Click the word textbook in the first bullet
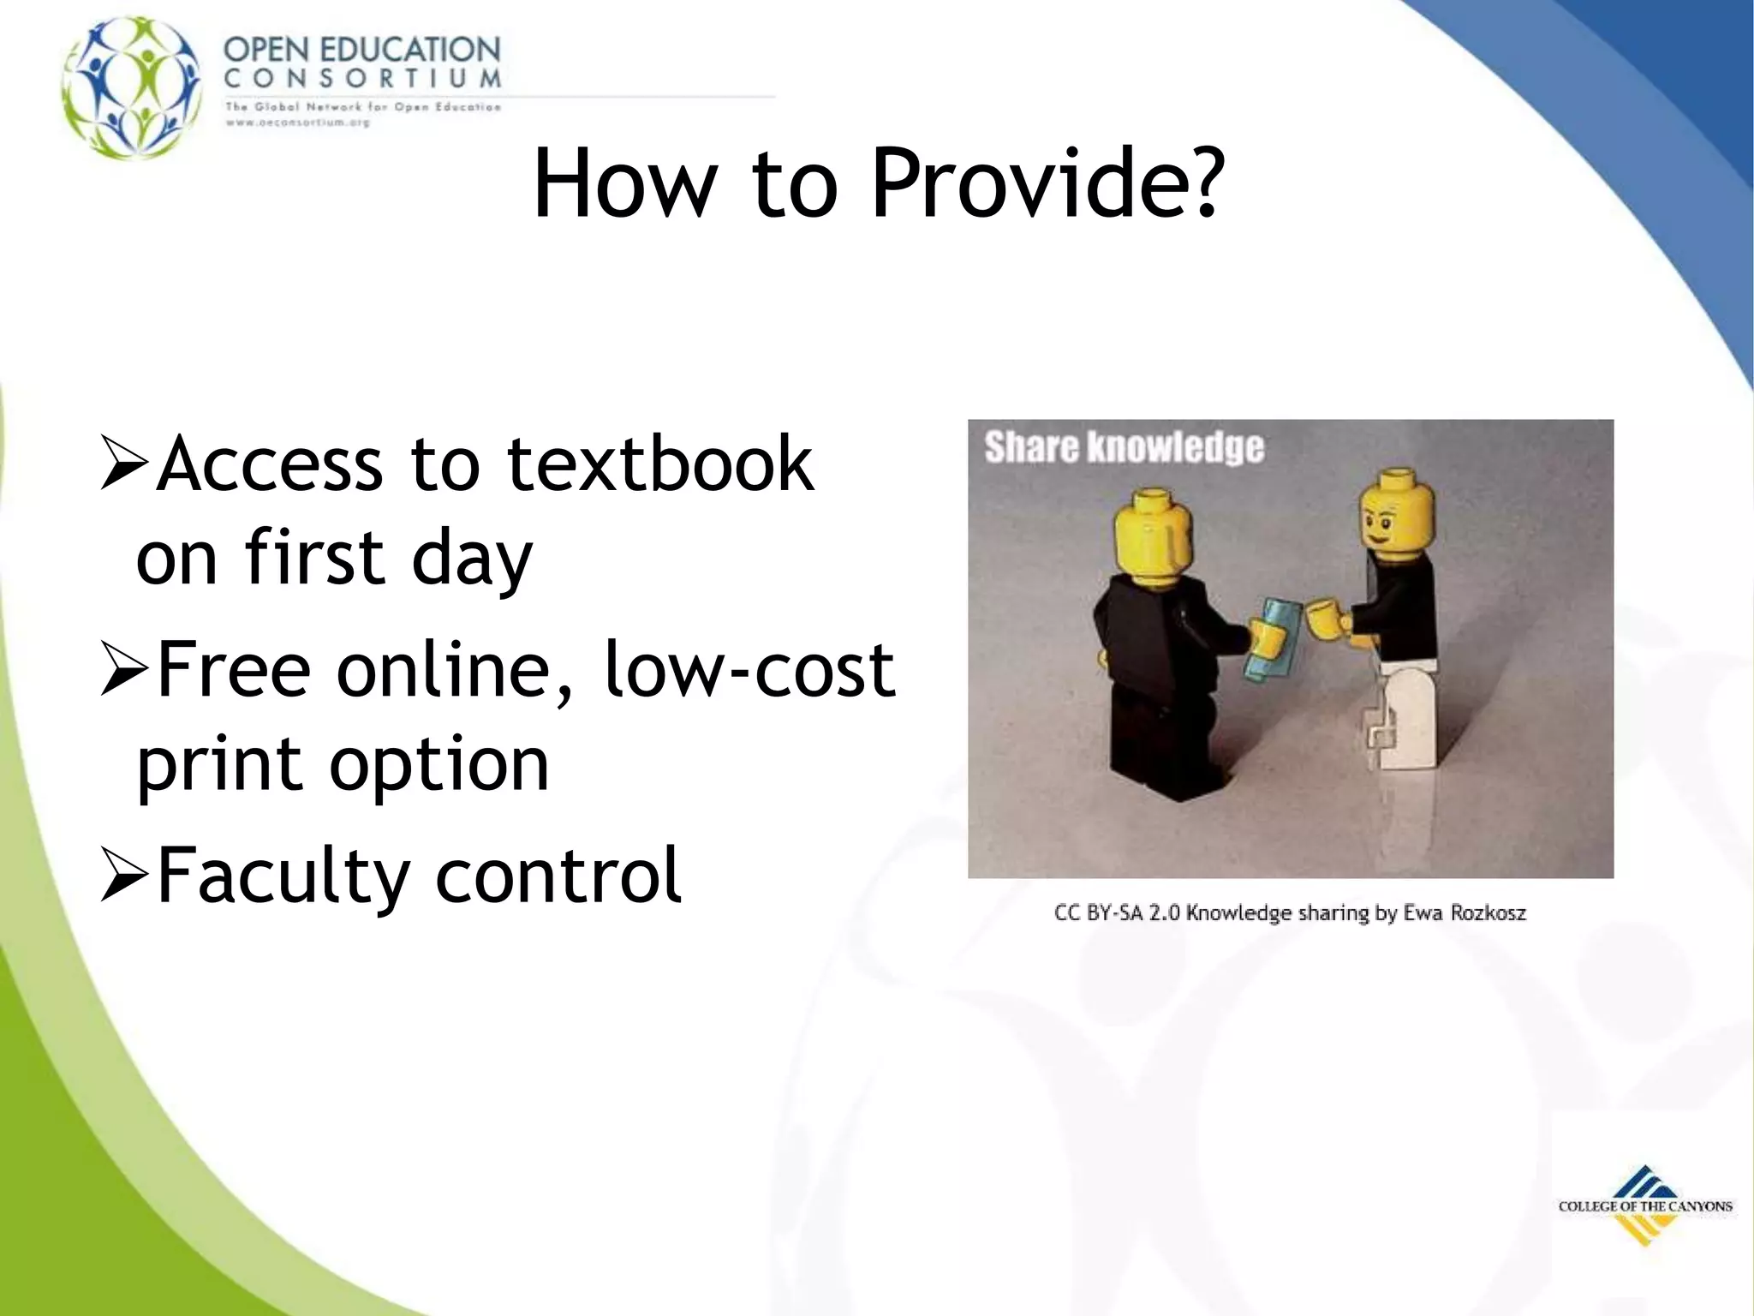[659, 464]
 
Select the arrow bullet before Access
[126, 463]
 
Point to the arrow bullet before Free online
[126, 669]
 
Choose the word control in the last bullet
[558, 876]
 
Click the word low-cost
[749, 669]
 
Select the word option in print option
[438, 764]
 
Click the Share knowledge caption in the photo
[1124, 448]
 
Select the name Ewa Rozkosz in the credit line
[1464, 913]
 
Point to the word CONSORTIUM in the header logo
[362, 79]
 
